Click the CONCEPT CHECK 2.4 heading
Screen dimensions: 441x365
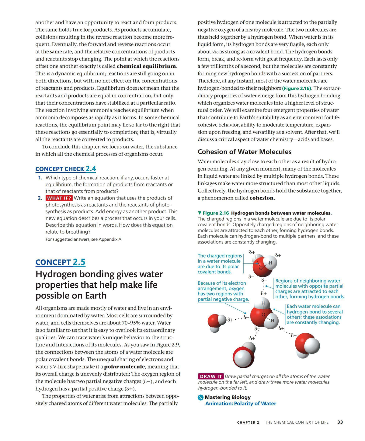tap(65, 169)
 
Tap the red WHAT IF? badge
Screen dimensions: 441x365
tap(59, 198)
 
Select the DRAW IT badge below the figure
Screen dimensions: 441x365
tap(211, 377)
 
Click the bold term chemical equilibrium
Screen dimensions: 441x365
tap(146, 66)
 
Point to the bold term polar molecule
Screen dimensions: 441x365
tap(124, 367)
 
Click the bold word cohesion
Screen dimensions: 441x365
tap(262, 198)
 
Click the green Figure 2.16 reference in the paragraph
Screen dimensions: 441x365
tap(297, 88)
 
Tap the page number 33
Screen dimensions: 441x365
tap(340, 422)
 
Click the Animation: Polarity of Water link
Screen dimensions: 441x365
tap(241, 404)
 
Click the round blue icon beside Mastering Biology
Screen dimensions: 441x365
tap(200, 397)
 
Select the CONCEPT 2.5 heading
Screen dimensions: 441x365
tap(60, 262)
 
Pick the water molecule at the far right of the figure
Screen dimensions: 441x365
tap(307, 345)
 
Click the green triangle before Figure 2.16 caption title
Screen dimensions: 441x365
tap(200, 213)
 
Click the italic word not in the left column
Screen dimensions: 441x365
tap(142, 88)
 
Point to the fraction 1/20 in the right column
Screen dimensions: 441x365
tap(214, 52)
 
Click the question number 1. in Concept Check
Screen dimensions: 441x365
tap(40, 178)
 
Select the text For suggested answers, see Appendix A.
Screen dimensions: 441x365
tap(84, 239)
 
